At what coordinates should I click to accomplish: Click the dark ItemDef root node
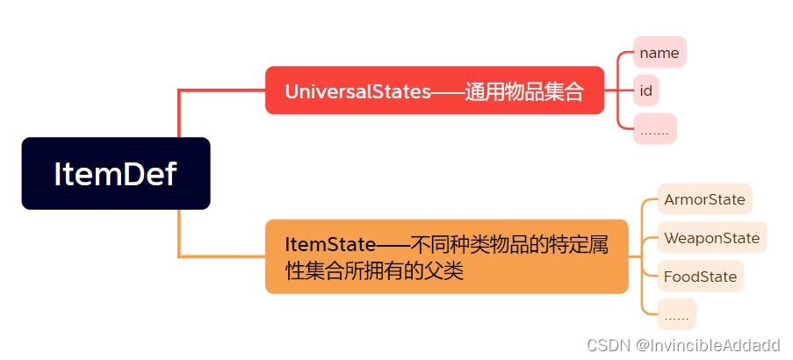(116, 174)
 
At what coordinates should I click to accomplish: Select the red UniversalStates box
(435, 90)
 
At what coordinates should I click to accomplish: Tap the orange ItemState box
(447, 256)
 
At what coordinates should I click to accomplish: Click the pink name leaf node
(659, 53)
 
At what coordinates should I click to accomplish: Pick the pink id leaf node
(646, 90)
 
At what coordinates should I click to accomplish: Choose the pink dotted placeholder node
(654, 129)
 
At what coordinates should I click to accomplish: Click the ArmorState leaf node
(704, 199)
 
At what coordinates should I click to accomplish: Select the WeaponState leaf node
(711, 238)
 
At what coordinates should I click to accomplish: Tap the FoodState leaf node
(700, 277)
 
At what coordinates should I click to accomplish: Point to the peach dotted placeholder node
(676, 314)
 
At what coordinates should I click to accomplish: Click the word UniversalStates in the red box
(357, 91)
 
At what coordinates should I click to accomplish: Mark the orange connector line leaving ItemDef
(179, 237)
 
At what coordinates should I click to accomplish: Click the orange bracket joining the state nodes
(644, 255)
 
